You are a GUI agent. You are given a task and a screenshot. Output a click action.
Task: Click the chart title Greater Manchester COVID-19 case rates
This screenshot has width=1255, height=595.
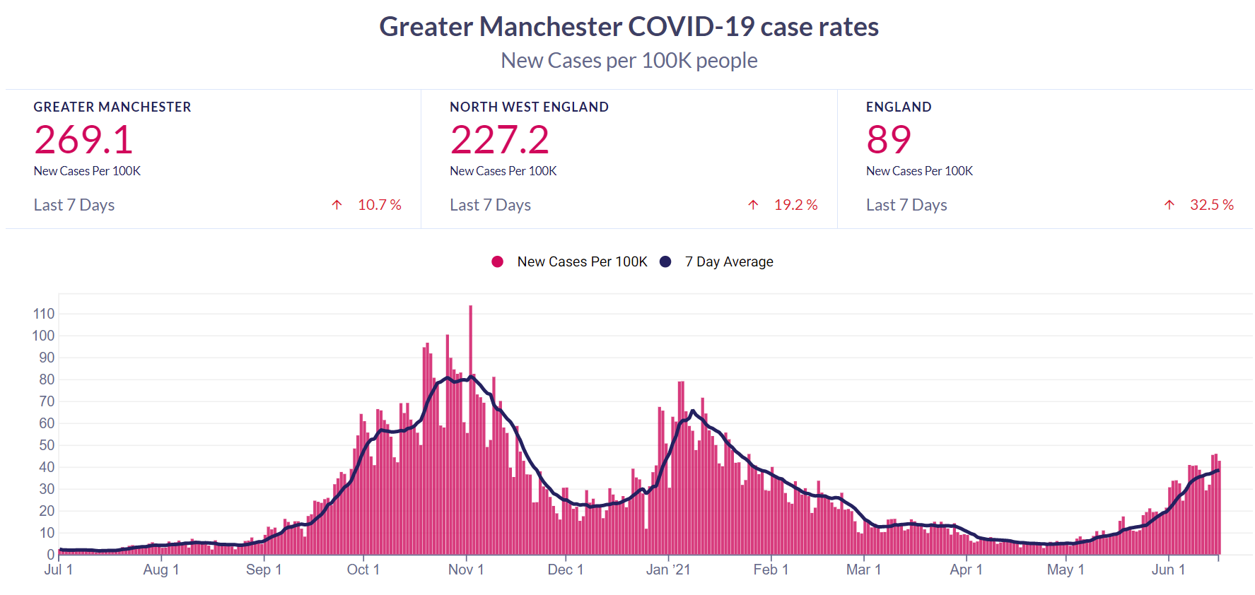click(x=629, y=27)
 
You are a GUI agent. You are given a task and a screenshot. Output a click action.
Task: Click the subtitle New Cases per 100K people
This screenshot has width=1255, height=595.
click(x=629, y=61)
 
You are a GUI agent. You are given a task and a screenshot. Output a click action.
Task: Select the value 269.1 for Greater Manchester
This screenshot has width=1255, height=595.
click(x=83, y=139)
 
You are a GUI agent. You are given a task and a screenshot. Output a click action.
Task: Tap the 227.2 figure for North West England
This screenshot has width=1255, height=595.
click(x=499, y=139)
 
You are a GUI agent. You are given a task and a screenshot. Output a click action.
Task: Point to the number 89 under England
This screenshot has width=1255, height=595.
click(x=888, y=139)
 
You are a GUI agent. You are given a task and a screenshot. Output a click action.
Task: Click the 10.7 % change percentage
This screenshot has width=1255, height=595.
click(x=379, y=205)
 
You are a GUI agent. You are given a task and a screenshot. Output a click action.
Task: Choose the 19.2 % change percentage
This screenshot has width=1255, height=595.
click(x=795, y=205)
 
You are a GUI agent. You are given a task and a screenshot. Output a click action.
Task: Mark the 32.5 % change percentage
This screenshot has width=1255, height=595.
click(x=1211, y=205)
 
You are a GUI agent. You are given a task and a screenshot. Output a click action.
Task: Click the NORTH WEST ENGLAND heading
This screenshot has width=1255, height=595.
click(x=529, y=107)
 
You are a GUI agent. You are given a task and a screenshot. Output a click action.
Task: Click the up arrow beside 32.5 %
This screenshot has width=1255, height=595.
click(x=1169, y=205)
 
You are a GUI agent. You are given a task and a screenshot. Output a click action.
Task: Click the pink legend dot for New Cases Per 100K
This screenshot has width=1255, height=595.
click(x=498, y=261)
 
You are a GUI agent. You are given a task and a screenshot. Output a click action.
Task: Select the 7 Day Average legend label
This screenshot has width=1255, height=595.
click(x=728, y=261)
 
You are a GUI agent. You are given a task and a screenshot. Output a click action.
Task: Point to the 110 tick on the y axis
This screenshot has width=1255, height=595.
click(x=44, y=314)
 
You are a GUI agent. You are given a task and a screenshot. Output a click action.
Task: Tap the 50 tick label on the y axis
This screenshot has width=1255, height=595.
click(x=47, y=445)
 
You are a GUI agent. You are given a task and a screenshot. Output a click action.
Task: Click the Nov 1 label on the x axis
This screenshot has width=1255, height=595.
click(x=466, y=570)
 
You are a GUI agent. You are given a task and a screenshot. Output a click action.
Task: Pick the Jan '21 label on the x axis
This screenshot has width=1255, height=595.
click(x=668, y=570)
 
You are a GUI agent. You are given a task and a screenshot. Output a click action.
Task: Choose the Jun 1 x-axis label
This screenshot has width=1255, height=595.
click(x=1168, y=570)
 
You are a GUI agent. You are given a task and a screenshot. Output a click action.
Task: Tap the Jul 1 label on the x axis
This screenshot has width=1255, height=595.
click(x=59, y=570)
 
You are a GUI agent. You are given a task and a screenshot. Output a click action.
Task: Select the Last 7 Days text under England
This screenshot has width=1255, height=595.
click(x=906, y=205)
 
